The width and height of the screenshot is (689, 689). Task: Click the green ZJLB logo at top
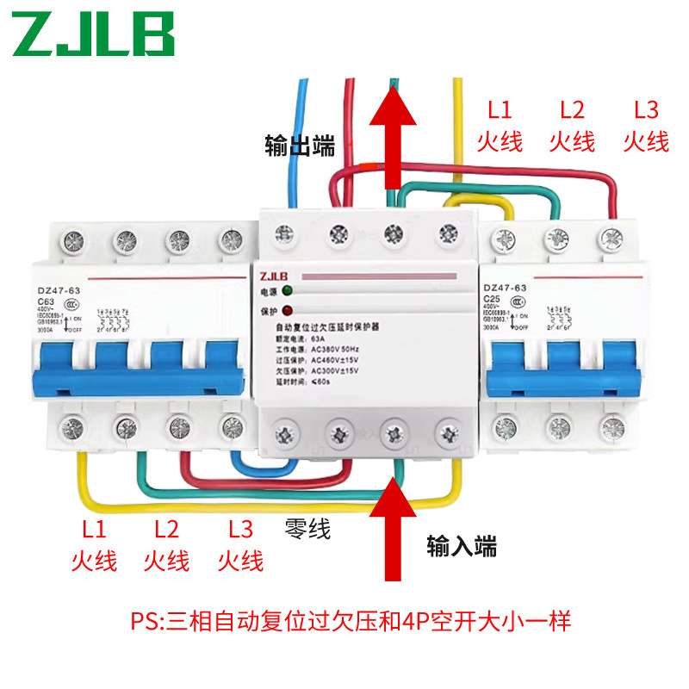94,34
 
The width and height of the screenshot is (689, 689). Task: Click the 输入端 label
462,544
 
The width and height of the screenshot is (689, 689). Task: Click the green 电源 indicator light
286,291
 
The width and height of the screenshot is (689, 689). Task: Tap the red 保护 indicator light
286,310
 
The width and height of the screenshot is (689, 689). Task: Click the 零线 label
307,528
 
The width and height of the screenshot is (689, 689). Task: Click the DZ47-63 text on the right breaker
510,289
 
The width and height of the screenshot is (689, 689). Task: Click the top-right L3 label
646,110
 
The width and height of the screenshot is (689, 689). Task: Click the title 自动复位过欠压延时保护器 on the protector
332,328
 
